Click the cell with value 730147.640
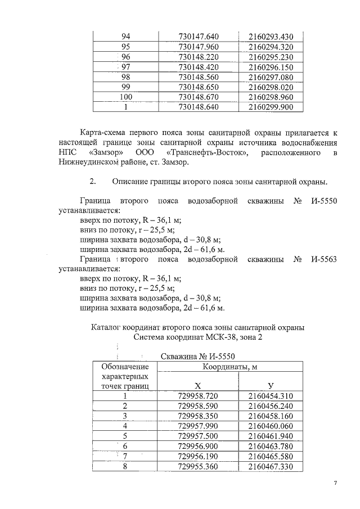[198, 37]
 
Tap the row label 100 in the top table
[126, 96]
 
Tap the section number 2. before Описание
[93, 182]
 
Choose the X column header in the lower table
[197, 386]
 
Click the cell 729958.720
[197, 396]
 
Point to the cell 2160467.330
[271, 466]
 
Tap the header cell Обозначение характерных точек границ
[124, 376]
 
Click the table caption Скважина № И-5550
[197, 356]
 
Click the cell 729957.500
[197, 436]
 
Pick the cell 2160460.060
[271, 426]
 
